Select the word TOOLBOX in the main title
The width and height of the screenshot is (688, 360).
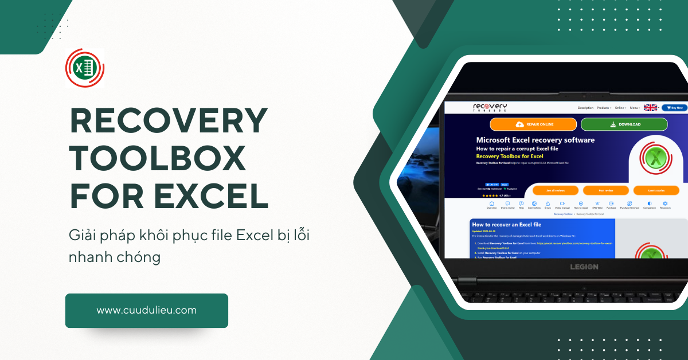pyautogui.click(x=158, y=159)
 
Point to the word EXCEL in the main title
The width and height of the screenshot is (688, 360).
pyautogui.click(x=212, y=195)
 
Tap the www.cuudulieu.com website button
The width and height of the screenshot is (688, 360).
pyautogui.click(x=146, y=311)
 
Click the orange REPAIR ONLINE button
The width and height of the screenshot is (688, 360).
pyautogui.click(x=533, y=124)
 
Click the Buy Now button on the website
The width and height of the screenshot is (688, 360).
pyautogui.click(x=674, y=108)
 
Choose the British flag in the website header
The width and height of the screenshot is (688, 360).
pyautogui.click(x=650, y=108)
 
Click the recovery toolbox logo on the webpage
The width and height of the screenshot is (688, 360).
pyautogui.click(x=490, y=108)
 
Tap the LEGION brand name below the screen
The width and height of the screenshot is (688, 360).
pyautogui.click(x=584, y=267)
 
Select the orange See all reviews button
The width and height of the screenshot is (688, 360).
pyautogui.click(x=556, y=190)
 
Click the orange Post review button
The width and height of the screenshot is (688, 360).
pyautogui.click(x=605, y=190)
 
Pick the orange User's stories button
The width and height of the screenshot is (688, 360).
pyautogui.click(x=656, y=190)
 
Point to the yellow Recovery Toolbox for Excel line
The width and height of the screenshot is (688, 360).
pyautogui.click(x=510, y=156)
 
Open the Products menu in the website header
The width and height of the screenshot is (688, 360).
pyautogui.click(x=604, y=108)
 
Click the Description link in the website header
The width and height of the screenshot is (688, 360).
pyautogui.click(x=585, y=108)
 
